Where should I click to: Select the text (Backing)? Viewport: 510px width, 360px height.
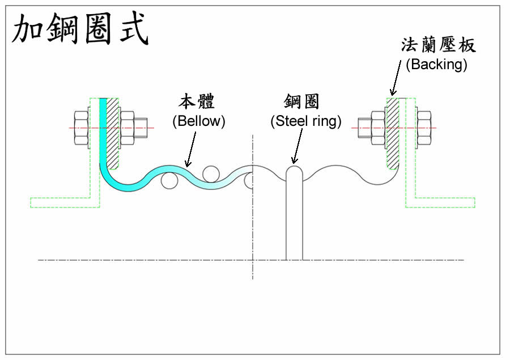[436, 64]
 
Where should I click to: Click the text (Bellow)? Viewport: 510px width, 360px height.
[199, 121]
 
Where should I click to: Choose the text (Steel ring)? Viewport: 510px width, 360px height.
[306, 121]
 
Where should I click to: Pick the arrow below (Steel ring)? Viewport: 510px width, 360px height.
[295, 148]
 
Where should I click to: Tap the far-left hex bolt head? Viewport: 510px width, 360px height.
[80, 128]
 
